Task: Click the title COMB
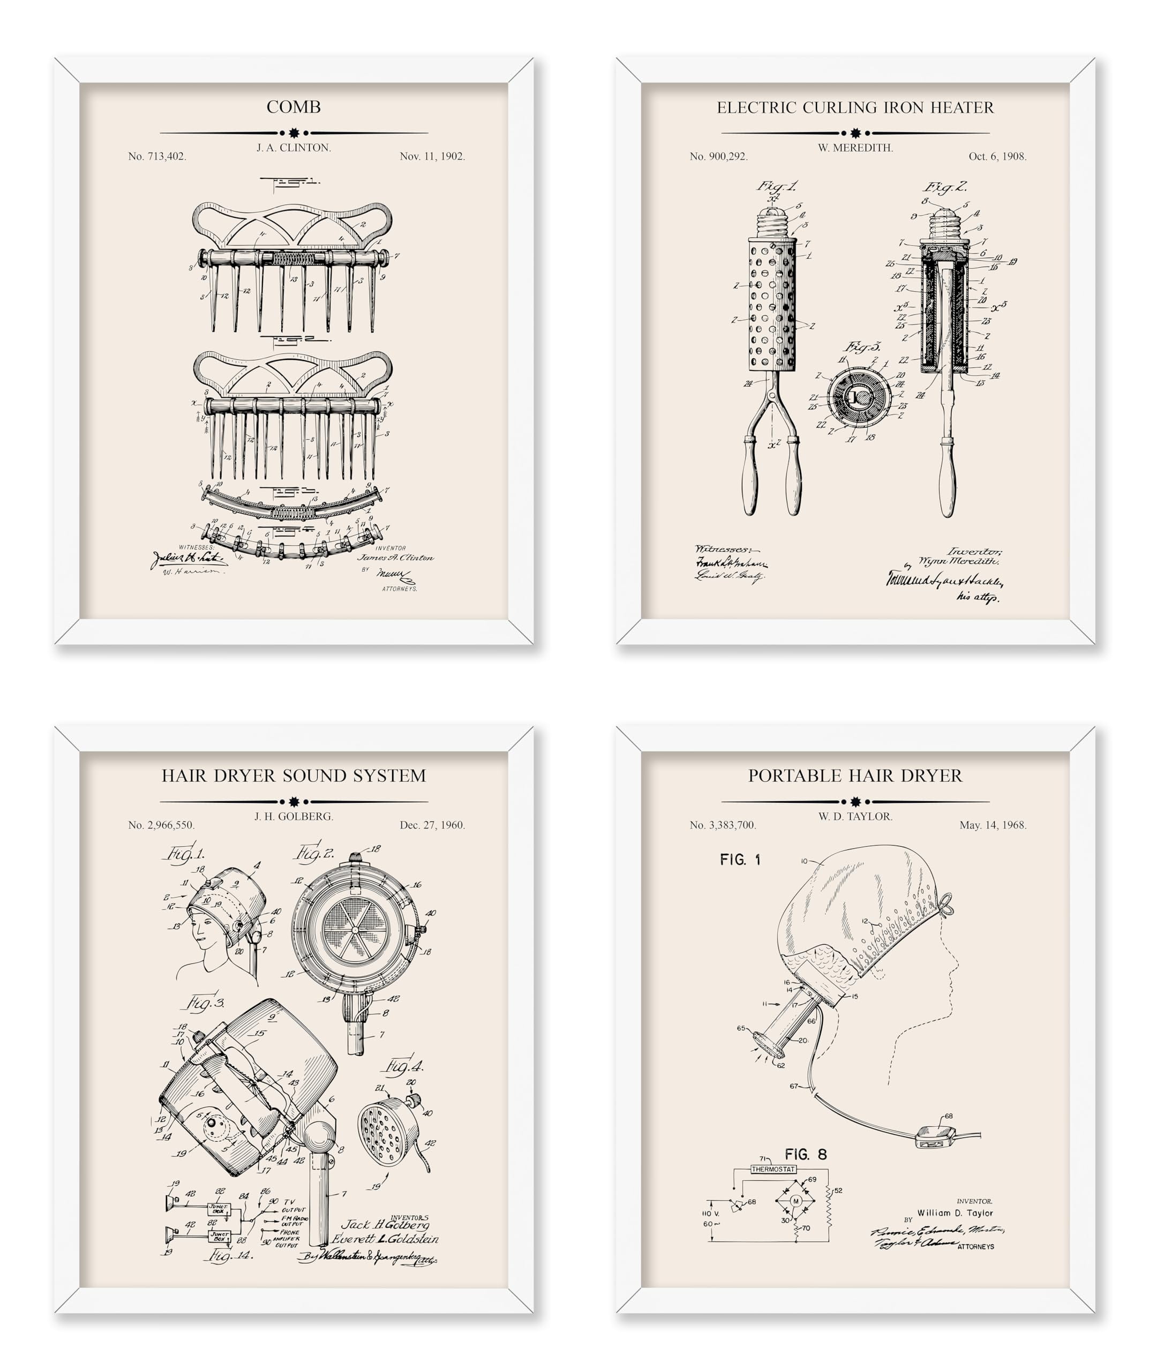(x=293, y=107)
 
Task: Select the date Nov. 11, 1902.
(x=432, y=157)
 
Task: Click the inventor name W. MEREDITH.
(x=855, y=148)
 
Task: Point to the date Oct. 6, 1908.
(x=997, y=157)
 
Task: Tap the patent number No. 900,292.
(x=719, y=157)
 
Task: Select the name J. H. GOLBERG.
(x=293, y=817)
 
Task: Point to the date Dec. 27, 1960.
(x=432, y=825)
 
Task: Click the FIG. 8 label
(x=806, y=1154)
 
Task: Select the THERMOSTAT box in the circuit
(x=773, y=1169)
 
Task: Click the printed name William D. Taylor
(x=955, y=1213)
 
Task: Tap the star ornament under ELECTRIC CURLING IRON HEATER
(x=855, y=133)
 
